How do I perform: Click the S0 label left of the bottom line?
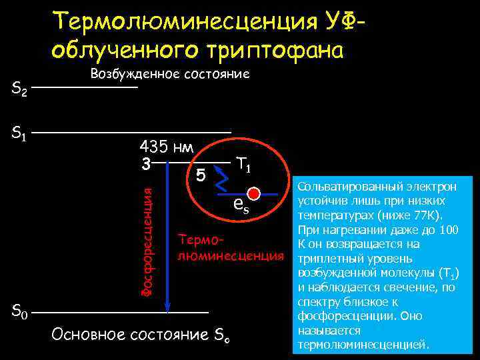click(x=19, y=311)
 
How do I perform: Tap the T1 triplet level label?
click(x=243, y=163)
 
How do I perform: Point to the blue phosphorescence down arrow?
click(x=167, y=240)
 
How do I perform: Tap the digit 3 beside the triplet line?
click(x=145, y=162)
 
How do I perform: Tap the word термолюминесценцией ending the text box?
click(x=363, y=344)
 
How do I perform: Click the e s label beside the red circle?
click(x=241, y=206)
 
